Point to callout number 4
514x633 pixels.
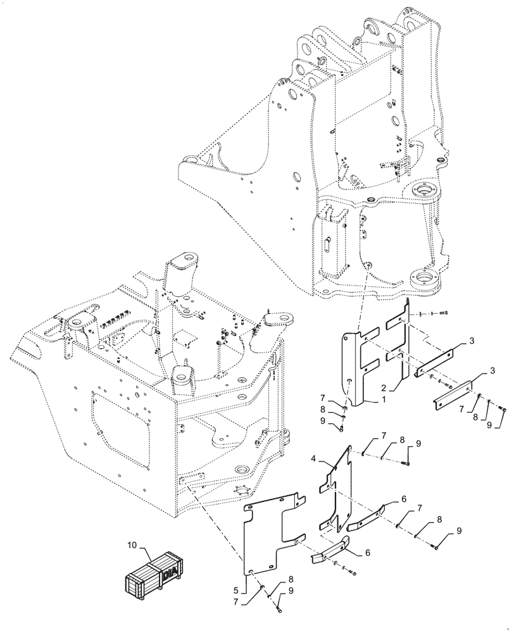click(315, 456)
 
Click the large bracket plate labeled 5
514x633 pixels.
click(266, 532)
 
